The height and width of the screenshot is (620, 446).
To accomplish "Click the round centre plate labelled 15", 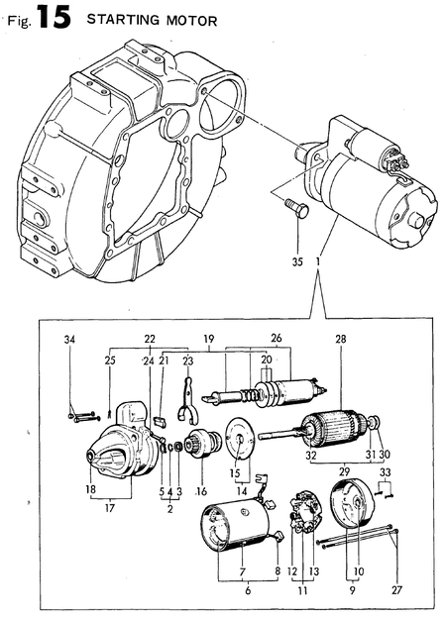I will (x=238, y=436).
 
